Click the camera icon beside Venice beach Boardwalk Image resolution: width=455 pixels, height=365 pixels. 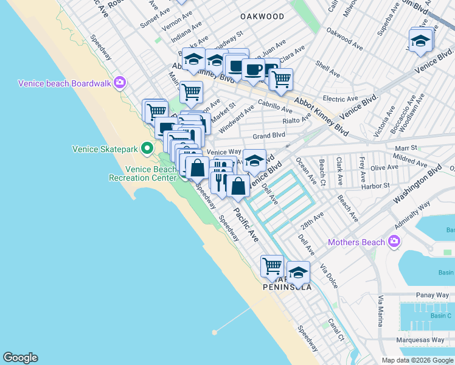(x=120, y=83)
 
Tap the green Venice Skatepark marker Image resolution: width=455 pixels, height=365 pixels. (x=147, y=148)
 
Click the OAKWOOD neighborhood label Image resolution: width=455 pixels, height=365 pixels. (x=262, y=16)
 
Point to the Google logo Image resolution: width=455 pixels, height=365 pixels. (x=20, y=358)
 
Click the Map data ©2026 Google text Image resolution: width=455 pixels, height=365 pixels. (x=417, y=360)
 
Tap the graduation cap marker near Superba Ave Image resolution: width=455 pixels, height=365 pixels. (x=420, y=41)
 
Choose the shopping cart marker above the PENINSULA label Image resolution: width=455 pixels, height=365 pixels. (x=272, y=265)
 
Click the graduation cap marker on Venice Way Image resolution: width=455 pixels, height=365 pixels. (x=254, y=160)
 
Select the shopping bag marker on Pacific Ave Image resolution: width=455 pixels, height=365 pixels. (x=238, y=186)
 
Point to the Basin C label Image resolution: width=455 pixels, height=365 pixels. (x=441, y=316)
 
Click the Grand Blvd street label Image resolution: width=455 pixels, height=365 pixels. (x=269, y=135)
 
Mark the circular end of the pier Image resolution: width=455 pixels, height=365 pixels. (x=214, y=332)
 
